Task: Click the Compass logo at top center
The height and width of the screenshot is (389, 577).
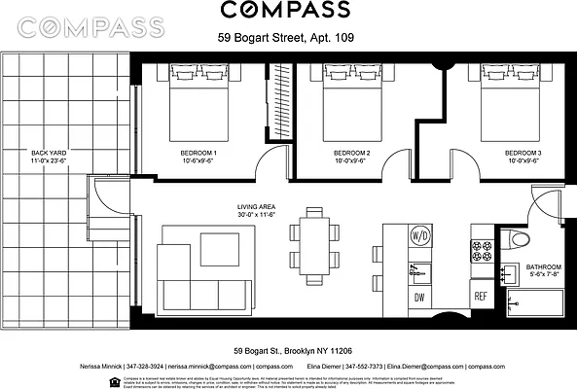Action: pyautogui.click(x=284, y=12)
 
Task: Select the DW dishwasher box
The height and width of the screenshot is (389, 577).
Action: pyautogui.click(x=420, y=297)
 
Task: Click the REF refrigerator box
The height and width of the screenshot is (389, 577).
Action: pyautogui.click(x=480, y=297)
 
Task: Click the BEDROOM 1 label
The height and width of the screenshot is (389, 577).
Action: pyautogui.click(x=198, y=154)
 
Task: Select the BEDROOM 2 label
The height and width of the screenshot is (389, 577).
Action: pyautogui.click(x=352, y=154)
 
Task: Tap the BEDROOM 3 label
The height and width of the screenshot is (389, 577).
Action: pyautogui.click(x=522, y=154)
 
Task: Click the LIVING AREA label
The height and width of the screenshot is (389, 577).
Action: pyautogui.click(x=257, y=207)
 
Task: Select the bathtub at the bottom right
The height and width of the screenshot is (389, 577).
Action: pyautogui.click(x=535, y=302)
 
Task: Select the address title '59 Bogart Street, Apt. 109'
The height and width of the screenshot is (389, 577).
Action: pyautogui.click(x=284, y=41)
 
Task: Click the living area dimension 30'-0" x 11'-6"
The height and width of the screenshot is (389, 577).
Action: pyautogui.click(x=257, y=217)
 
